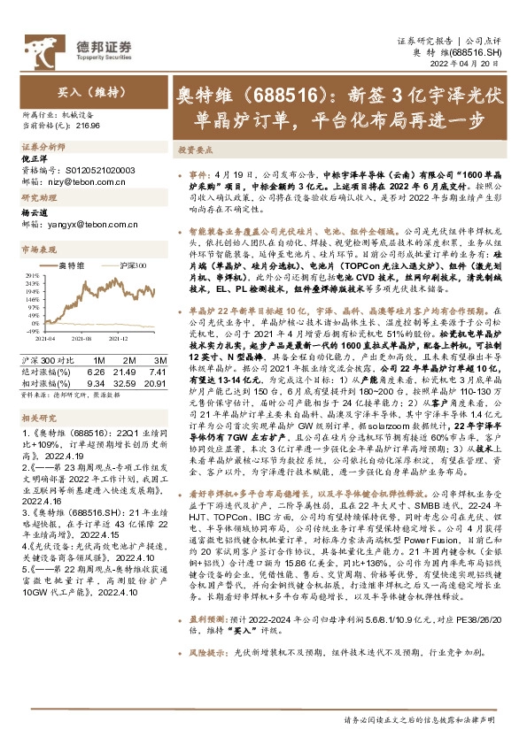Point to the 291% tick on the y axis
(29, 275)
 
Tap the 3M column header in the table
(159, 360)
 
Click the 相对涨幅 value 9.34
(96, 382)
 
